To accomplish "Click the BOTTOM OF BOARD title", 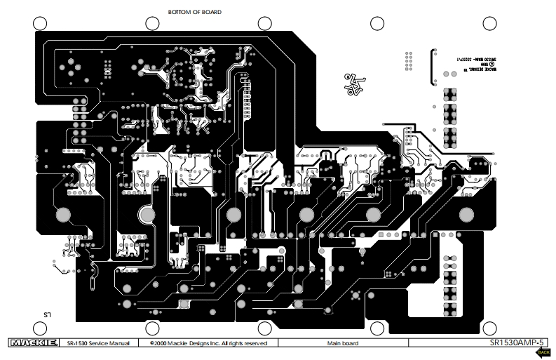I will pos(196,12).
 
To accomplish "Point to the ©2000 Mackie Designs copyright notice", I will pos(208,344).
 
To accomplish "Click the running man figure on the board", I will pos(353,84).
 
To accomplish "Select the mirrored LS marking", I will pos(48,316).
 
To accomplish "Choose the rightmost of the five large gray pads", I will pos(374,215).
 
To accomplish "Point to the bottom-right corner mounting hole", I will pos(489,328).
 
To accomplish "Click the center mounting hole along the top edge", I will pos(265,23).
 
